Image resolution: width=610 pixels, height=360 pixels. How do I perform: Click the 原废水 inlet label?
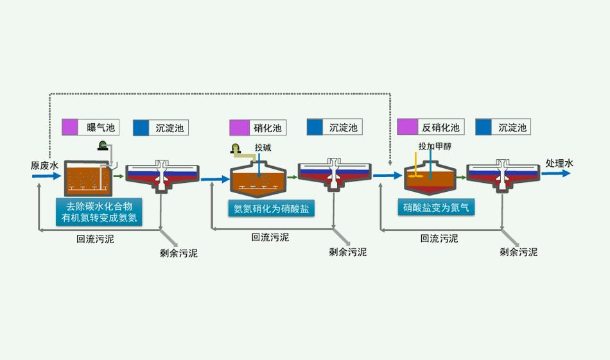(x=44, y=166)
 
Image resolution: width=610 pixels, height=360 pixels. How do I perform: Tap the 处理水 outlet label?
(x=559, y=163)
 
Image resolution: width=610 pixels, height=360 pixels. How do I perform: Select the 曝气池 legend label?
(x=101, y=128)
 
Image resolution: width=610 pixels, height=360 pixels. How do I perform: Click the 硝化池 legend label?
(x=268, y=128)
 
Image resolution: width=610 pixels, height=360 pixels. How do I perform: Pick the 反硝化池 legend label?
(x=440, y=128)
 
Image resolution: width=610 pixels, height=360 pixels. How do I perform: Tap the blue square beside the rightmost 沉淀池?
(x=484, y=127)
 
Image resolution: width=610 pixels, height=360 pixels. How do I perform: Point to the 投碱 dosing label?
(x=263, y=147)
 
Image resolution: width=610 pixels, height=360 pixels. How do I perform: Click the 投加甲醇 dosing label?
(x=435, y=146)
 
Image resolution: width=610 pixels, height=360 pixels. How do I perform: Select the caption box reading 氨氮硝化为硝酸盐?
(x=270, y=209)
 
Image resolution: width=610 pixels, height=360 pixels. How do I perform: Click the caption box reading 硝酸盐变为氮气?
(x=435, y=207)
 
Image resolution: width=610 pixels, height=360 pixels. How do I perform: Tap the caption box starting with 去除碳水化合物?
(x=100, y=212)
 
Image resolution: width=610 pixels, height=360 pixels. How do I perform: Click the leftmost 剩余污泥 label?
(x=179, y=253)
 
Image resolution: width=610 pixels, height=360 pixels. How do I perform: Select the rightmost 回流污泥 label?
(x=439, y=238)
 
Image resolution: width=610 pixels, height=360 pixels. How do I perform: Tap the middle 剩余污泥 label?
(x=347, y=252)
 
